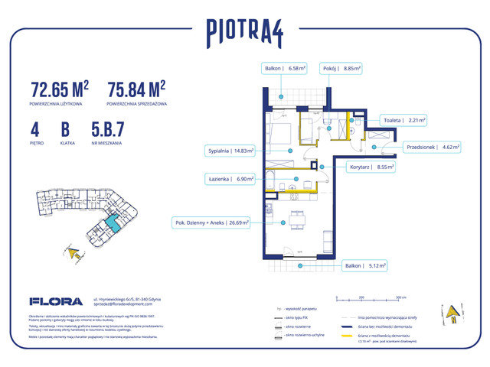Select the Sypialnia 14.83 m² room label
[230, 151]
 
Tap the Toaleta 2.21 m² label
[403, 120]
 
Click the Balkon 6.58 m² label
[284, 68]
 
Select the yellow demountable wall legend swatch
[351, 336]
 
